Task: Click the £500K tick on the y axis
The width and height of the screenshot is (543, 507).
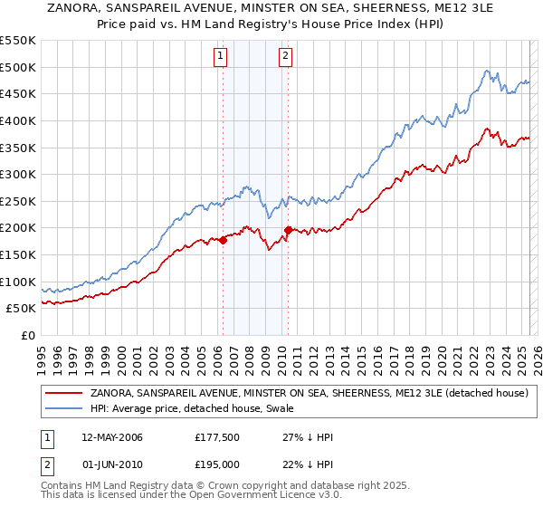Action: (18, 67)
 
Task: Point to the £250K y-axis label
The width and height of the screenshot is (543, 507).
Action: (18, 201)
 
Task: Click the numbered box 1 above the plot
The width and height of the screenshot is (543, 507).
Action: (222, 56)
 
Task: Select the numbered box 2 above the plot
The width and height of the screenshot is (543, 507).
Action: (286, 56)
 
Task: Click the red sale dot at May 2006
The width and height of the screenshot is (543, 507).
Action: (223, 240)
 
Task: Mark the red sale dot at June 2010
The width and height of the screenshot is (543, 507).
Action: (288, 230)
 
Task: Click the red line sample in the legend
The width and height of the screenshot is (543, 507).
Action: (64, 394)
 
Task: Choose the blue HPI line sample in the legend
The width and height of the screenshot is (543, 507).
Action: (64, 408)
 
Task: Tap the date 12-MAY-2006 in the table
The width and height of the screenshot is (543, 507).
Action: (112, 437)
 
